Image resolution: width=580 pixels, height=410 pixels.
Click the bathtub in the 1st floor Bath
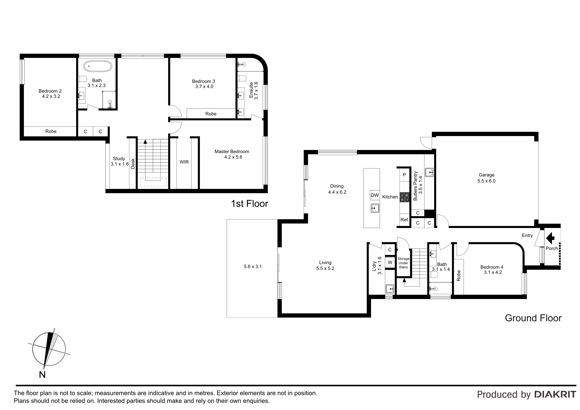coord(98,66)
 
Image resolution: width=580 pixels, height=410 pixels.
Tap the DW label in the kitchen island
coord(375,195)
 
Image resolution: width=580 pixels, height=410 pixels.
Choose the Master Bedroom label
coord(232,152)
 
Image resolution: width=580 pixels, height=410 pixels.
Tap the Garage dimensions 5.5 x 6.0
coord(486,181)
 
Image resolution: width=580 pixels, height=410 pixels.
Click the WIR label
coord(184,162)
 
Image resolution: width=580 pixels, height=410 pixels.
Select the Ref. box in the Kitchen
coord(405,220)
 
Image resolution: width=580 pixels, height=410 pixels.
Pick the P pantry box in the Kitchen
coord(404,175)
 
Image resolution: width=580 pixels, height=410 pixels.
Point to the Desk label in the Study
coord(133,164)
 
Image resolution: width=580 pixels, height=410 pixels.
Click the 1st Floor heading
coord(250,204)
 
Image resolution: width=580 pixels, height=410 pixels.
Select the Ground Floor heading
coord(533,318)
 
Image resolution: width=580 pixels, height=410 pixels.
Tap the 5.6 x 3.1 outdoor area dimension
coord(253,266)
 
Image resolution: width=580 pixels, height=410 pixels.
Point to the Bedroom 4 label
coord(492,267)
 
